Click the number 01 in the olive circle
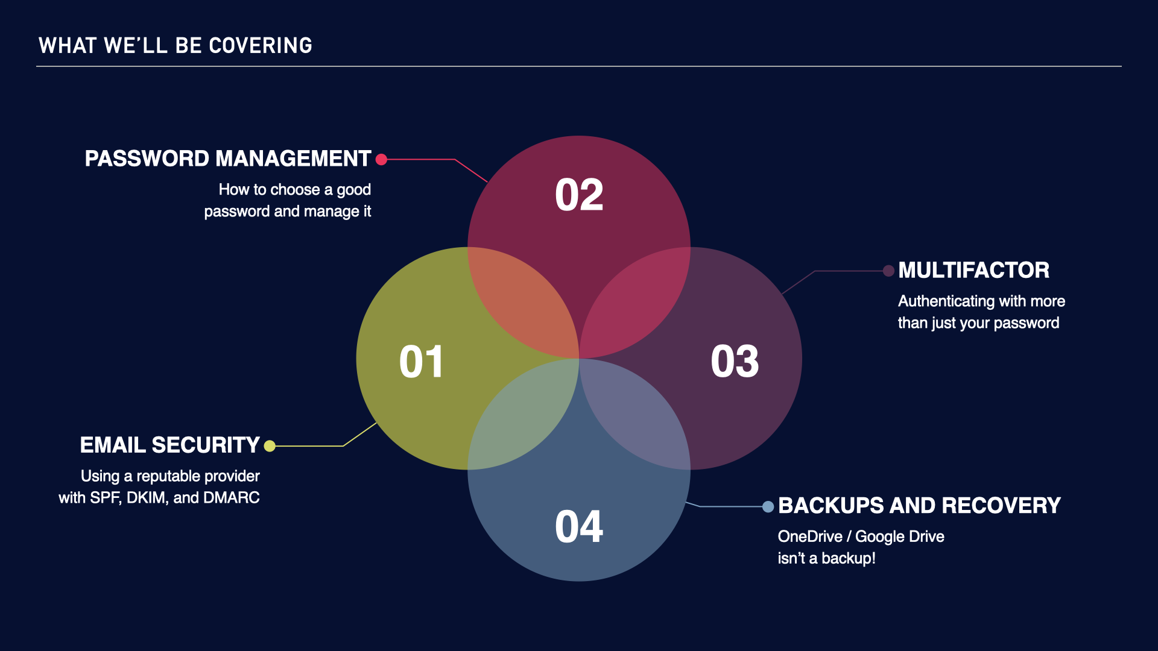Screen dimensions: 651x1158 coord(422,362)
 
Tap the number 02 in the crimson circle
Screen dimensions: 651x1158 coord(579,195)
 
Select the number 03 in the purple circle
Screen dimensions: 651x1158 coord(735,362)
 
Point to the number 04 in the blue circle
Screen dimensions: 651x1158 coord(579,527)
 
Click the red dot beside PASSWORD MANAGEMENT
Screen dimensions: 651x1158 coord(381,159)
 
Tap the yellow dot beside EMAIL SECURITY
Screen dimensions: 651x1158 coord(270,446)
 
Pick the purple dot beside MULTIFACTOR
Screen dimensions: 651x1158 coord(888,271)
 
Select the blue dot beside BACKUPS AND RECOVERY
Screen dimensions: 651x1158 coord(768,506)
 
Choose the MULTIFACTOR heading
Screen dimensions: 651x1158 coord(973,270)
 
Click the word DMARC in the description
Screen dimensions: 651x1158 coord(232,498)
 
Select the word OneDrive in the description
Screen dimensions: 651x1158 coord(809,536)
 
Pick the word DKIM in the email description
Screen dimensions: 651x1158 coord(147,498)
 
